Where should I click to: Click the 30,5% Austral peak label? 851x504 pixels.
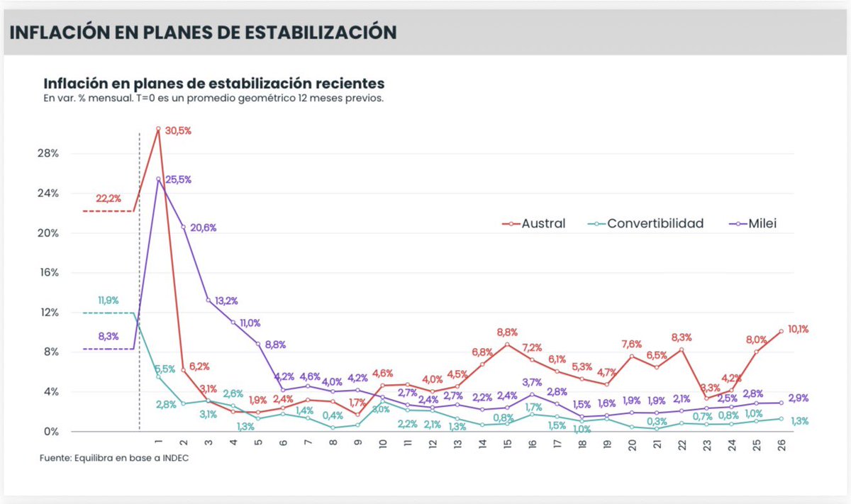[x=179, y=131]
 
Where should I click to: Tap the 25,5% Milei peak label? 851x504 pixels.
[x=178, y=180]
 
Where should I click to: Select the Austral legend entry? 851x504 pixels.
[x=543, y=223]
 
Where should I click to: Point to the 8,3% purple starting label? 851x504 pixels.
[x=109, y=336]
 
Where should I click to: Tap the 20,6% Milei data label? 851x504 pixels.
[x=204, y=228]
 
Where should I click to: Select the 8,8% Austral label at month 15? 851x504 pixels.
[x=507, y=332]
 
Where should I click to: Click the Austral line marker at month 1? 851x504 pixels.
[x=158, y=129]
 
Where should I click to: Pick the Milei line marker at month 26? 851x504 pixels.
[x=781, y=403]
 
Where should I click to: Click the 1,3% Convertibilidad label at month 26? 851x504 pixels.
[x=799, y=421]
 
